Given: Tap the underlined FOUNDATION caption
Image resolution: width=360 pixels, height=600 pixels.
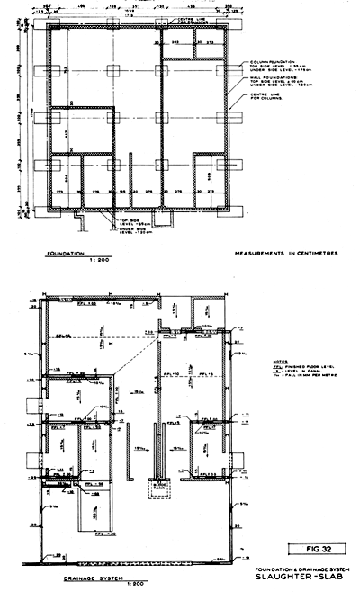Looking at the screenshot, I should [65, 255].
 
